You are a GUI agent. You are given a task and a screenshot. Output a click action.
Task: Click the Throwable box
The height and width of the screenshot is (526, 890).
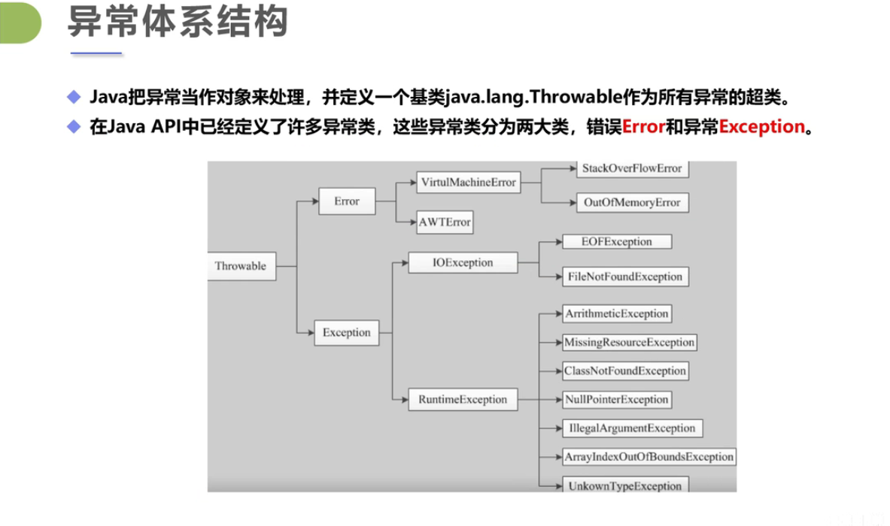click(241, 266)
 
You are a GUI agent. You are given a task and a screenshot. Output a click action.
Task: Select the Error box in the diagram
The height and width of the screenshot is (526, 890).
click(347, 201)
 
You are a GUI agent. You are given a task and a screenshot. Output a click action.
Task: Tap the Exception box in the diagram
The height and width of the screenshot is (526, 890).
click(347, 332)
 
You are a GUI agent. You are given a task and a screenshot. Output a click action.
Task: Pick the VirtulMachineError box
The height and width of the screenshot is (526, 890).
click(468, 183)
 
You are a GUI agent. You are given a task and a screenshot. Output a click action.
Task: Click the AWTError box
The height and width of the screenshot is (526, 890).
click(445, 222)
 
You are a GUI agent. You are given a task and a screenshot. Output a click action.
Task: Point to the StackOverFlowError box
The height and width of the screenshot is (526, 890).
click(632, 168)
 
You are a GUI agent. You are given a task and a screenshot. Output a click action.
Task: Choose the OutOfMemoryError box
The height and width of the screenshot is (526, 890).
click(632, 202)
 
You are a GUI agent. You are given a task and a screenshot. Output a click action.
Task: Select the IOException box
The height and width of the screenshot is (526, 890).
click(463, 263)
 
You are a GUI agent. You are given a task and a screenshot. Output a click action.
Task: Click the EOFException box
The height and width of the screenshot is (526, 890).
click(617, 242)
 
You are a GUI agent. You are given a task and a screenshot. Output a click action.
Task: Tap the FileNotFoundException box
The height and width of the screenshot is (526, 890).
click(625, 277)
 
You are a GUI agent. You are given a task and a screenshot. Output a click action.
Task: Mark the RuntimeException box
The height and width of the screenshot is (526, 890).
click(463, 399)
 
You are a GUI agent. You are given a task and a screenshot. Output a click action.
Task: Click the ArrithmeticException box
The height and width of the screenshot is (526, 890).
click(616, 313)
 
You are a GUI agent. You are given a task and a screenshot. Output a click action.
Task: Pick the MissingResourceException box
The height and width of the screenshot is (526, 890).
click(629, 342)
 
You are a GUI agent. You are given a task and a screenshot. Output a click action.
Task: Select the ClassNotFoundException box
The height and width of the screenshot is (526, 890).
click(625, 370)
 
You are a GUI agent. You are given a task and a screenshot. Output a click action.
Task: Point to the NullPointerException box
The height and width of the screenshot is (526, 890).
click(616, 399)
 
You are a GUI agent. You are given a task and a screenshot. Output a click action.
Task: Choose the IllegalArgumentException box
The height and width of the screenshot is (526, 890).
click(632, 428)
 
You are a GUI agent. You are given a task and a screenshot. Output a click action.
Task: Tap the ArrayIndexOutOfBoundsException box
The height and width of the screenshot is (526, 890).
click(649, 457)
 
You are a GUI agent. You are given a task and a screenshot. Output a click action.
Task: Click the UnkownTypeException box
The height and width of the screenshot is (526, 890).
click(625, 485)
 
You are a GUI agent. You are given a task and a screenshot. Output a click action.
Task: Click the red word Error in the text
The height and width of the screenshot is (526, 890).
click(643, 126)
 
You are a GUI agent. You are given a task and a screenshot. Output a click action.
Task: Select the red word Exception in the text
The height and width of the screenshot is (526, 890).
click(762, 126)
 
